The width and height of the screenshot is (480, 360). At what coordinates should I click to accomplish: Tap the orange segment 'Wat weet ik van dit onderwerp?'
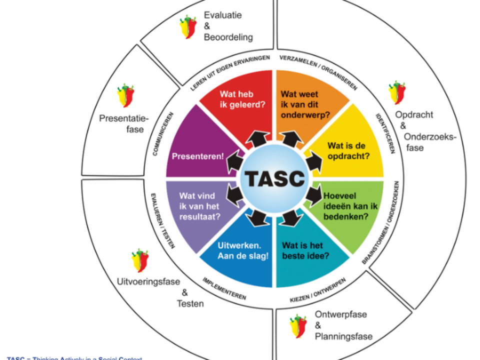304,104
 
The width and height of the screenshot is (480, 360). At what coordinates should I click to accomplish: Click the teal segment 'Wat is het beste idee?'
305,250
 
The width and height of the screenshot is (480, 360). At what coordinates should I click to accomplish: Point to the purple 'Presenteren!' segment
198,156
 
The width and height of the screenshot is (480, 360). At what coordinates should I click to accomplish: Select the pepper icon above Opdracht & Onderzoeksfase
397,92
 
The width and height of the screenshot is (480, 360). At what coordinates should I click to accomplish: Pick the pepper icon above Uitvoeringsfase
140,260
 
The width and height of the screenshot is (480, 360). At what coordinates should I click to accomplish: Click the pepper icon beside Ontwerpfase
298,325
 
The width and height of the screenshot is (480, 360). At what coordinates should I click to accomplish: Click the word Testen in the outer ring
190,303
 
